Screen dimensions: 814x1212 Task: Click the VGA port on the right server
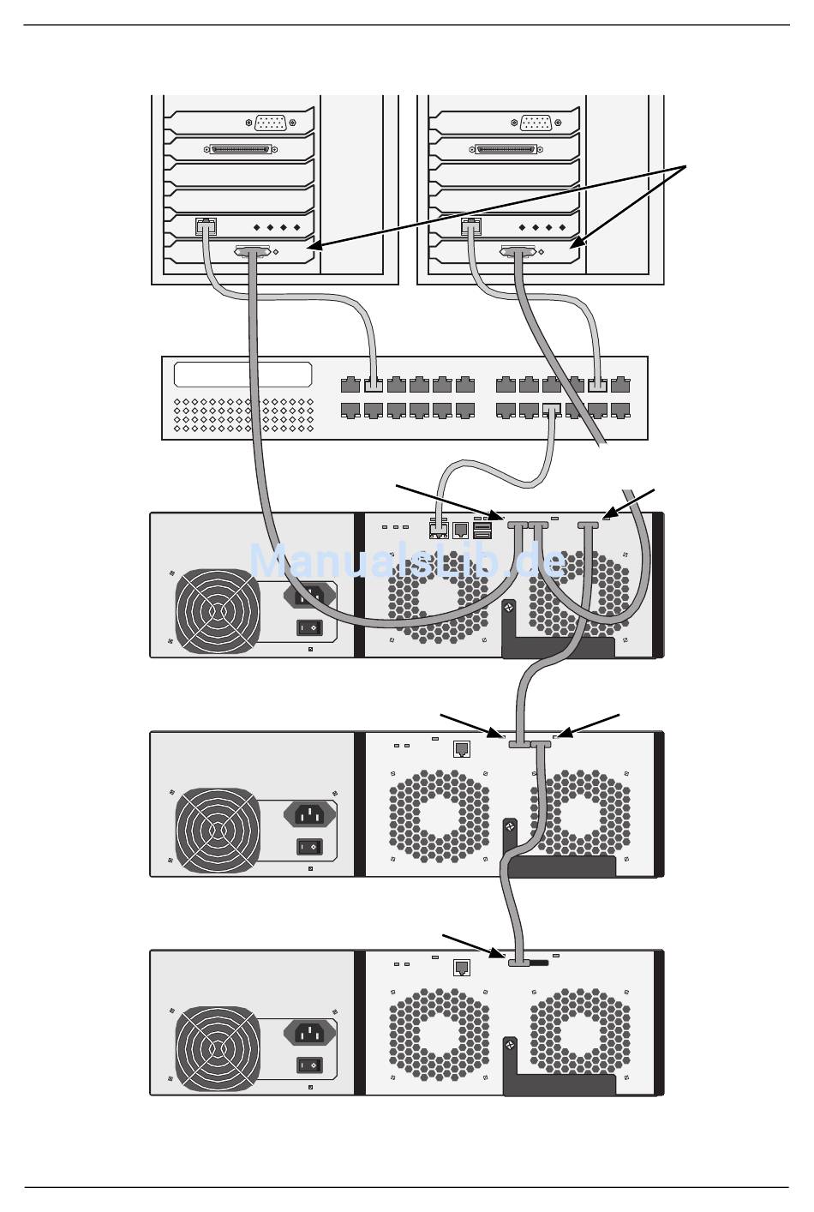point(536,123)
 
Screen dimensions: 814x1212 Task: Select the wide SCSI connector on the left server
point(240,149)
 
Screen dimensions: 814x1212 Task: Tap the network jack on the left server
point(206,225)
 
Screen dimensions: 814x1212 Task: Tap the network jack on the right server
point(470,225)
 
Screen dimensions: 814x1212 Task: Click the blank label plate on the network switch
point(242,375)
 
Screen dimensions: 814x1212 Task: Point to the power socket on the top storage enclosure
point(310,597)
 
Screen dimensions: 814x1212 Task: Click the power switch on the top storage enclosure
point(309,627)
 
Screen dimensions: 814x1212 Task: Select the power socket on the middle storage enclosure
point(310,815)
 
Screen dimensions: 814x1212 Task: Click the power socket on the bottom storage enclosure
point(310,1034)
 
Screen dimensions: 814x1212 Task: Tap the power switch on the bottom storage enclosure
point(309,1065)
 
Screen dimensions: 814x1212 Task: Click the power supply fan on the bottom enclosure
point(218,1049)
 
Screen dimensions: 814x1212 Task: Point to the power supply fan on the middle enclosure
point(218,830)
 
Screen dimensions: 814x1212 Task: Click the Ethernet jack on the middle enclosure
point(461,749)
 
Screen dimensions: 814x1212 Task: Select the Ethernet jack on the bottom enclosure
point(461,968)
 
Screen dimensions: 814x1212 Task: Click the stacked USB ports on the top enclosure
point(482,531)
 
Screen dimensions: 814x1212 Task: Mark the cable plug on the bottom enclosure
point(518,963)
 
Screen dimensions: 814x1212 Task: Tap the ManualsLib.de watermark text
point(407,561)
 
